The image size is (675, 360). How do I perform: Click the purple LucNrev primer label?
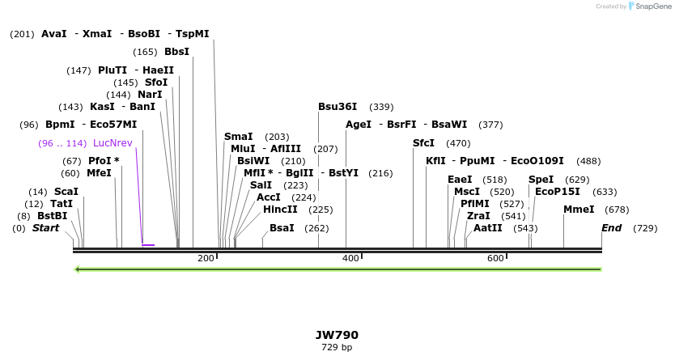pos(112,143)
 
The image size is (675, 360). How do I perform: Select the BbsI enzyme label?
pos(176,52)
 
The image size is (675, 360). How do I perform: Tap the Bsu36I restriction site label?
pos(337,107)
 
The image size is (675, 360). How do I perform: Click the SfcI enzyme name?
pos(423,143)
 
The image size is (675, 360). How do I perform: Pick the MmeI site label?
pos(579,210)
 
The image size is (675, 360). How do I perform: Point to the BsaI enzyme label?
pos(282,228)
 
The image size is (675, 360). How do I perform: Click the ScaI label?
pos(66,192)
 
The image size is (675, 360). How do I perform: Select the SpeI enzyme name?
pos(541,180)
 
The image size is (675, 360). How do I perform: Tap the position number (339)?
pos(381,107)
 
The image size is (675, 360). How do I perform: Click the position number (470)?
pos(458,143)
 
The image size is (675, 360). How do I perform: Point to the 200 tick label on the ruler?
pos(206,258)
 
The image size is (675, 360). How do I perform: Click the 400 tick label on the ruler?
pos(350,258)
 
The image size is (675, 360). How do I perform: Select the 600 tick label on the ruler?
pos(495,258)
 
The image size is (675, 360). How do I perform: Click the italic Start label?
pos(45,228)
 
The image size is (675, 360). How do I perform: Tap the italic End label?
pos(611,228)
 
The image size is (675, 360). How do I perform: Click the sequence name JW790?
pos(337,335)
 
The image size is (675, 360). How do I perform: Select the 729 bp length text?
pos(337,348)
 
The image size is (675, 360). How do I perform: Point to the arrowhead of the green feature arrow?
pos(77,269)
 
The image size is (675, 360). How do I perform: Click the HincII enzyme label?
pos(280,210)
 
